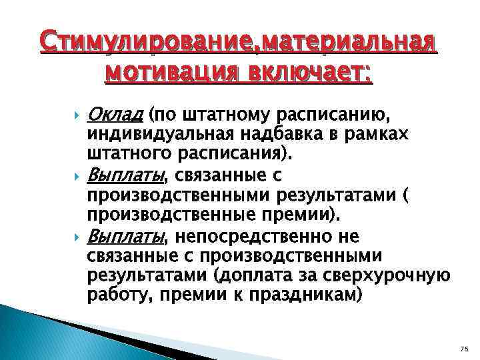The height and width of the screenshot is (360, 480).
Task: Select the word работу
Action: (114, 295)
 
